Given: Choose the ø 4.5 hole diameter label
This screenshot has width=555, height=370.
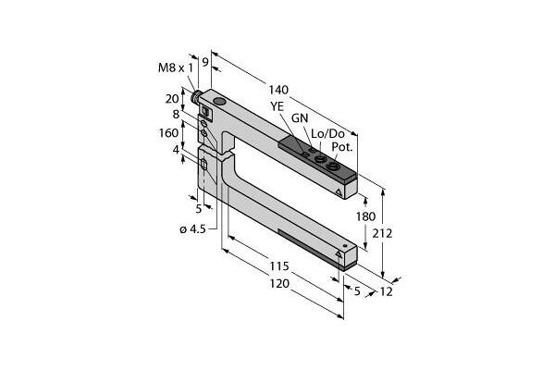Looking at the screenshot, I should click(190, 228).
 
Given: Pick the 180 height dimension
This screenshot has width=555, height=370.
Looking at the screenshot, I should click(367, 216).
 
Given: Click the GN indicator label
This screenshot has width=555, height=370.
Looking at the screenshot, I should click(301, 119).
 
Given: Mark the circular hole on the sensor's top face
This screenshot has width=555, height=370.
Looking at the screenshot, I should click(219, 100).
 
